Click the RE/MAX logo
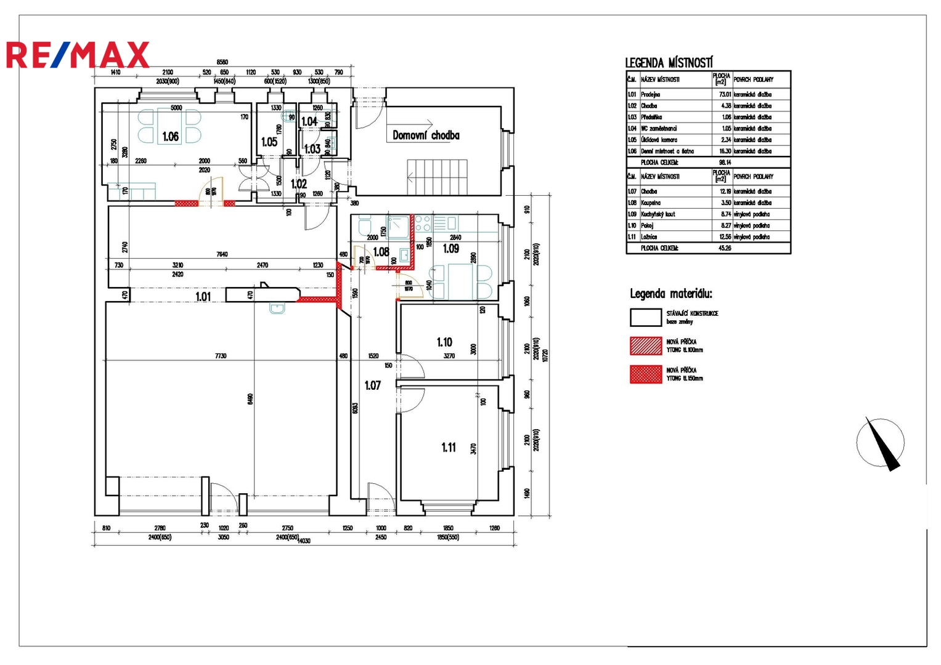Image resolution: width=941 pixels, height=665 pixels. (78, 55)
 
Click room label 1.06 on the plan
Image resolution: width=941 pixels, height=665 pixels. (171, 137)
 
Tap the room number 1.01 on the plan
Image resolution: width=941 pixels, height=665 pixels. (203, 297)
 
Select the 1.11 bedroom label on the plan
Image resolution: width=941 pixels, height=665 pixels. (449, 448)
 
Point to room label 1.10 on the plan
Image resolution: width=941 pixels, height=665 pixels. (444, 342)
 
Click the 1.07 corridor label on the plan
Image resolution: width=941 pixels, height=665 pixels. (372, 385)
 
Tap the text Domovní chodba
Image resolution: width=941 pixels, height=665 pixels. (426, 135)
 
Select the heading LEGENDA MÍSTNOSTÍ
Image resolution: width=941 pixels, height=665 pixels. (669, 63)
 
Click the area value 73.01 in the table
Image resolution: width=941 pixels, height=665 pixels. (725, 95)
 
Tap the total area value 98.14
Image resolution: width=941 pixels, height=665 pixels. (725, 163)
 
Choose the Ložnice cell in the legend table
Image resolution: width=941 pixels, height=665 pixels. (649, 237)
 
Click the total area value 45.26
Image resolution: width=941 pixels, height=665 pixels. (725, 248)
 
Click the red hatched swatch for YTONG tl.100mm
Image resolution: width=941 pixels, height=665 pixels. (646, 345)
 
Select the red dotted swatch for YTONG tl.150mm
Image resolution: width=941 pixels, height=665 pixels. (646, 374)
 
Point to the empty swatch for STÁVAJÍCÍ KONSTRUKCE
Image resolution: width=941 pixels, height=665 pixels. (646, 317)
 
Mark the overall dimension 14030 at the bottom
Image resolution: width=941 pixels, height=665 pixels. (304, 541)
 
